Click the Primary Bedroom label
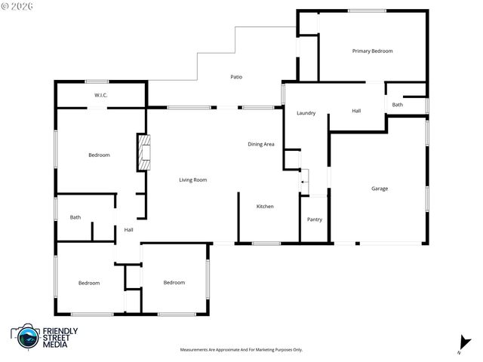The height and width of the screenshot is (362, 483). [x=372, y=51]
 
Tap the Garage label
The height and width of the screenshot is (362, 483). [x=379, y=189]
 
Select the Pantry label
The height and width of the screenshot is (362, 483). [x=315, y=219]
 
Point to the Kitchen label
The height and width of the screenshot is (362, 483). [x=264, y=207]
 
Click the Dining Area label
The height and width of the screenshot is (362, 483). [x=261, y=144]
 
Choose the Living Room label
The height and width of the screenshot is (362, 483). [x=192, y=179]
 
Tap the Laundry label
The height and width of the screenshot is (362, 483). [x=306, y=113]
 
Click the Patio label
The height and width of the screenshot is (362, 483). [x=236, y=77]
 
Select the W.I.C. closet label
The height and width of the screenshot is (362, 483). [x=101, y=95]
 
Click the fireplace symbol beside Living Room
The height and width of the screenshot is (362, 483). [x=142, y=152]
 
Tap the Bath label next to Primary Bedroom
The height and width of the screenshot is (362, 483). [x=397, y=105]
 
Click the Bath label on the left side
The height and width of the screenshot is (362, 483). [x=75, y=218]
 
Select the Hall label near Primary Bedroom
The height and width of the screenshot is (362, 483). [x=356, y=111]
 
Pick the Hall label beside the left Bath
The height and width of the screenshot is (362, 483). [x=128, y=230]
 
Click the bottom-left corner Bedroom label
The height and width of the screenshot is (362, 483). [x=89, y=283]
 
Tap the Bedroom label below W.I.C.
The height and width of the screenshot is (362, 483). [x=99, y=155]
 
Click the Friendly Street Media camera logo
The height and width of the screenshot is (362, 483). [x=27, y=336]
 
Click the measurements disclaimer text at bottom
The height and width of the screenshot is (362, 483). [x=241, y=350]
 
